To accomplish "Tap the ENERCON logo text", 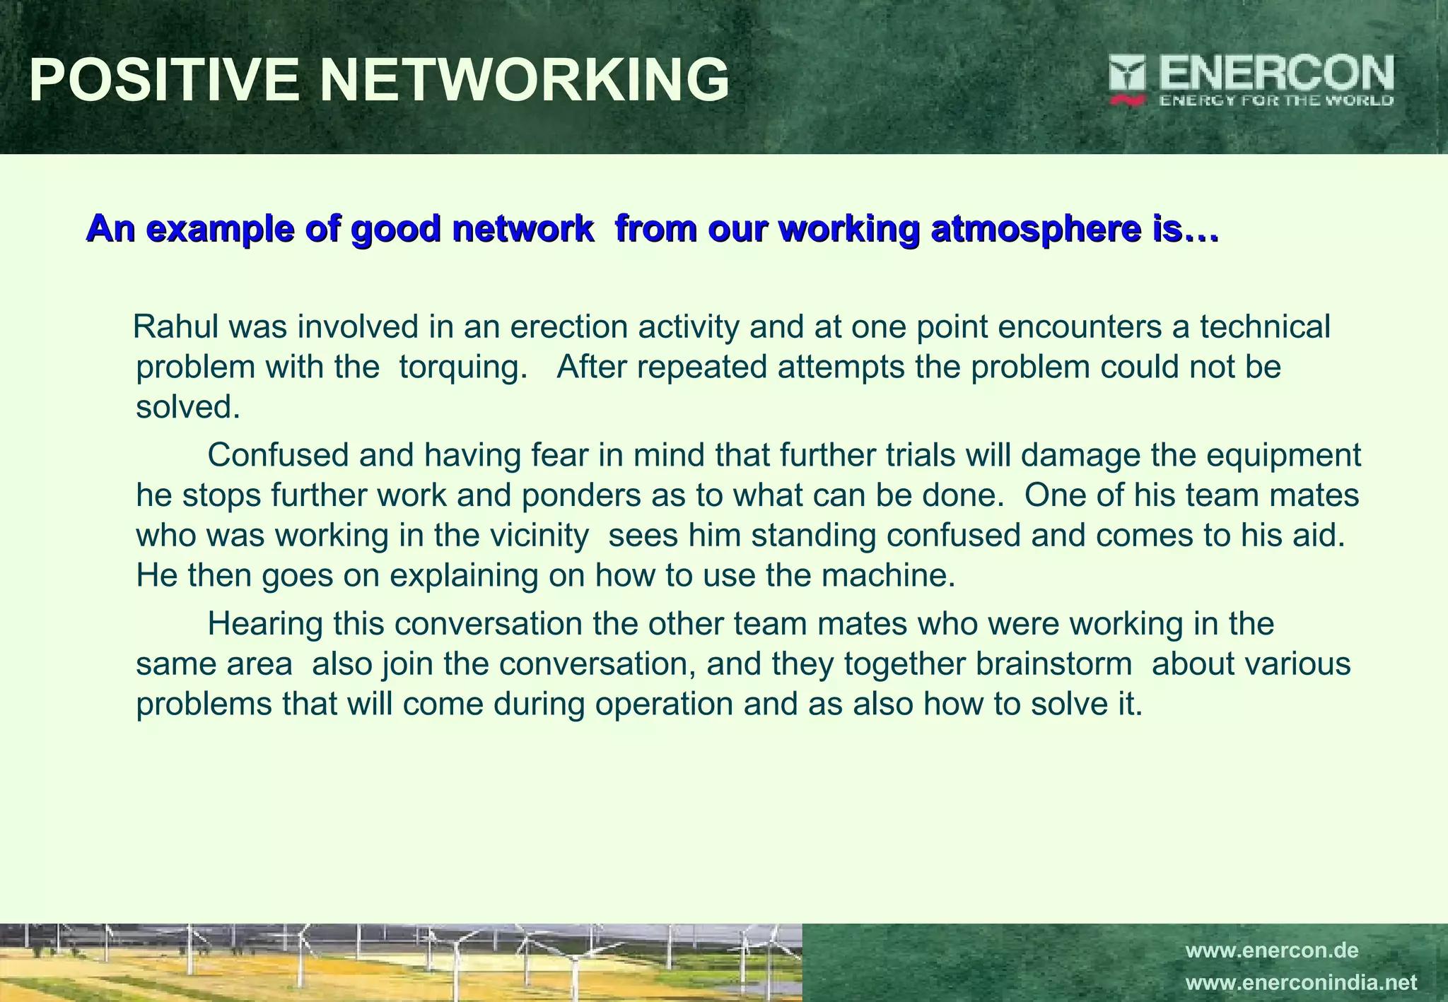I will (1275, 73).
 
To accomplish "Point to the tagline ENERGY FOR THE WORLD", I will (1275, 100).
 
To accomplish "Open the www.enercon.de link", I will (1271, 950).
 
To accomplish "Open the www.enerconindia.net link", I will (1301, 983).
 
